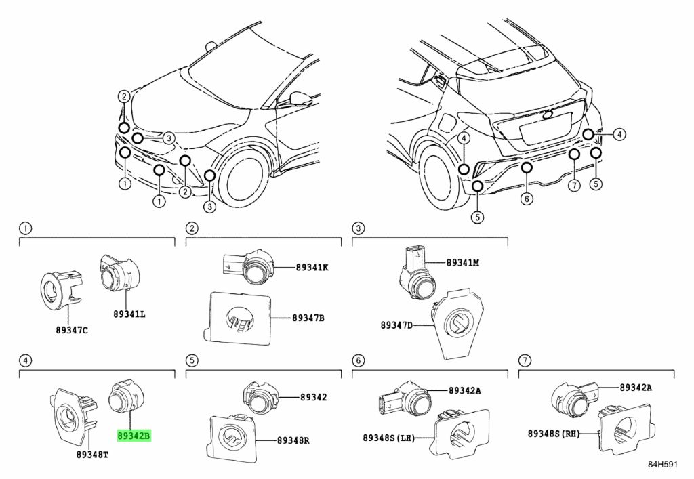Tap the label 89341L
pos(129,314)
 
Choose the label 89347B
pos(308,317)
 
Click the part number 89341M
pos(462,262)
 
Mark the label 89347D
pos(396,325)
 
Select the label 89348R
pos(293,440)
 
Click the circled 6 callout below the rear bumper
pos(527,198)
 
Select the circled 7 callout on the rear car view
pos(573,185)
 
